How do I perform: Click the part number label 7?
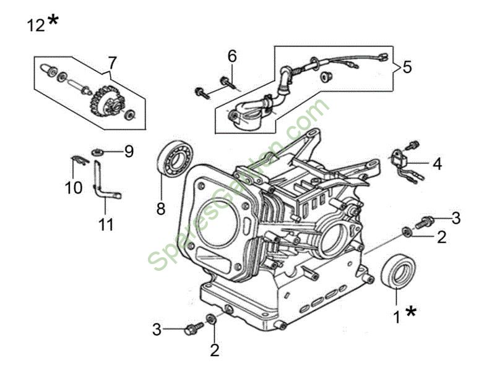(x=111, y=62)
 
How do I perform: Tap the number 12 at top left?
(x=36, y=25)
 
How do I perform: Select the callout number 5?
(x=407, y=67)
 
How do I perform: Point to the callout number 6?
(x=232, y=56)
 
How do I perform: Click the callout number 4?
(x=437, y=164)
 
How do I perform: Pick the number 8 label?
(x=161, y=209)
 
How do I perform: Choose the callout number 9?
(x=129, y=151)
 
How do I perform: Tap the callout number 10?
(x=74, y=187)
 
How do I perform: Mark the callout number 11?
(x=106, y=224)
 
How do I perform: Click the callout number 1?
(x=397, y=318)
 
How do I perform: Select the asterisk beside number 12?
(x=54, y=21)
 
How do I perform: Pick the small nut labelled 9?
(x=97, y=151)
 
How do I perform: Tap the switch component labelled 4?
(x=399, y=159)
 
